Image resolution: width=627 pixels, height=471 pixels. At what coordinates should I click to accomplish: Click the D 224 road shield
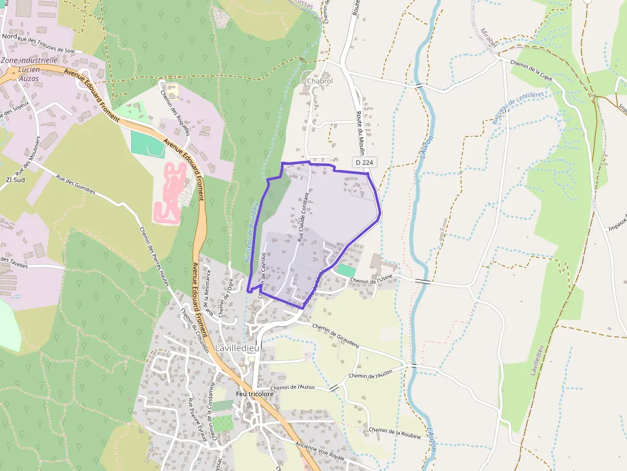click(363, 163)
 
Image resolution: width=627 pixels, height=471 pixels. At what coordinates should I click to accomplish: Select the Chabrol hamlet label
click(320, 81)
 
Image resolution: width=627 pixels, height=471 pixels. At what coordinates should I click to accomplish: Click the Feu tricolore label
click(254, 394)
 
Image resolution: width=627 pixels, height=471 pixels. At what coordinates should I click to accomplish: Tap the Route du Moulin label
click(360, 135)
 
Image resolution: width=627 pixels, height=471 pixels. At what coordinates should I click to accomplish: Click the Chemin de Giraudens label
click(336, 335)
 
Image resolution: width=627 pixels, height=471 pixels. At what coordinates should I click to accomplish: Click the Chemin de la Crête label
click(531, 69)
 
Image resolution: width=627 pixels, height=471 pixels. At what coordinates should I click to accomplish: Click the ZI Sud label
click(16, 180)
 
